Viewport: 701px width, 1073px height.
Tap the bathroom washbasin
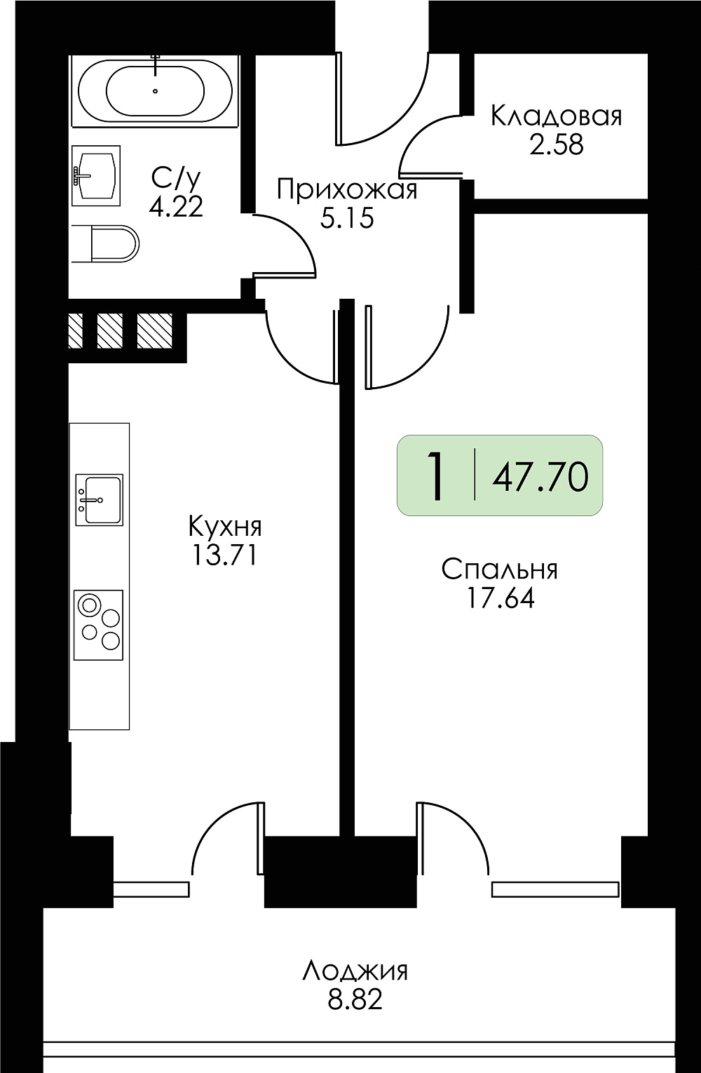click(x=96, y=175)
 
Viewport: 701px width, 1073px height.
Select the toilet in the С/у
click(x=104, y=243)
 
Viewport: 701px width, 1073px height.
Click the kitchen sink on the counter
click(x=99, y=499)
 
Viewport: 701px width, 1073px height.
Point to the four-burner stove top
click(x=99, y=625)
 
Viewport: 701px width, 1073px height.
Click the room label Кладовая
click(x=557, y=117)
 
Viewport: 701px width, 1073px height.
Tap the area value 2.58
click(x=557, y=145)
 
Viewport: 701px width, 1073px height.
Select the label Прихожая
click(x=347, y=190)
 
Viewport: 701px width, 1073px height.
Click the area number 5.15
click(x=347, y=218)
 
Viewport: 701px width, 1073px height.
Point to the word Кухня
click(x=225, y=527)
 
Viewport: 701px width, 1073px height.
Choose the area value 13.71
click(x=224, y=555)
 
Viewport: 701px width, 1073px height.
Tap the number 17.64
click(x=501, y=598)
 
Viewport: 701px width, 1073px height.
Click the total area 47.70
click(x=540, y=478)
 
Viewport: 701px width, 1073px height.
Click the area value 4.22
click(x=176, y=208)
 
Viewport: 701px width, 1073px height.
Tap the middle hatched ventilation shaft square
click(x=109, y=330)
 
